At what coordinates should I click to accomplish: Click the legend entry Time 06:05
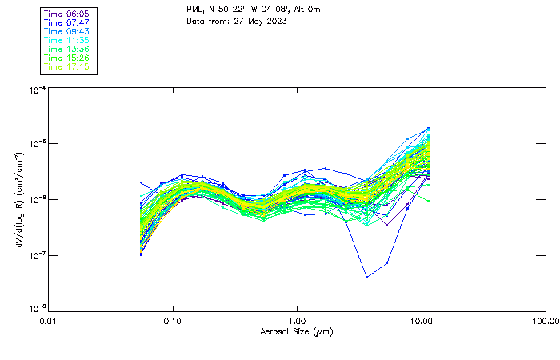pos(67,14)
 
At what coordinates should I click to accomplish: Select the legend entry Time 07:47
pos(67,23)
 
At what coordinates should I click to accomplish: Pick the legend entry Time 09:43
pos(67,32)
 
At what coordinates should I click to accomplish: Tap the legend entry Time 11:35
pos(67,41)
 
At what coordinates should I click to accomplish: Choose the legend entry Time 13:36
pos(67,50)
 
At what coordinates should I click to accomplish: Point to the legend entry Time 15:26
pos(67,58)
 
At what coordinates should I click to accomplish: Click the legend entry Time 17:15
pos(67,67)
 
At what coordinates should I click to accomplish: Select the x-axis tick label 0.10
pos(173,322)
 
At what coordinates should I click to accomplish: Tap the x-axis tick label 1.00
pos(298,322)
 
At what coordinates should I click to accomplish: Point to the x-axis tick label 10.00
pos(421,322)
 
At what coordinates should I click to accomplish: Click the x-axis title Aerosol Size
pos(297,332)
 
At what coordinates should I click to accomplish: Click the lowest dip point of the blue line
pos(366,277)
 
